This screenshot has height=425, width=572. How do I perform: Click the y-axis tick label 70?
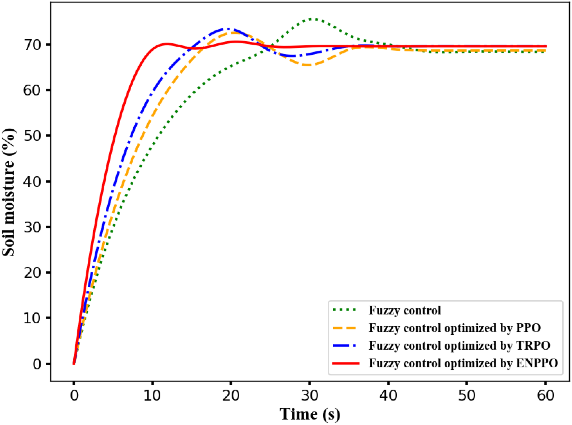coord(32,45)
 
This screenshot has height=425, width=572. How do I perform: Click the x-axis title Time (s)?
coord(310,414)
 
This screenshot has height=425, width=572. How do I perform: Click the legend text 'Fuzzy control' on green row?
coord(405,310)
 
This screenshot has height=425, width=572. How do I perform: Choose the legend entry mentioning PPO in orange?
coord(455,328)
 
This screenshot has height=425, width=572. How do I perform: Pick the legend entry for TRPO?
coord(459,345)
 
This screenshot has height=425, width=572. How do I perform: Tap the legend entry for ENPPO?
coord(463,363)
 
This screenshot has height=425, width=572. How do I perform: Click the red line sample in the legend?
coord(345,363)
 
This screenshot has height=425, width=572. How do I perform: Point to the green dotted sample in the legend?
coord(345,310)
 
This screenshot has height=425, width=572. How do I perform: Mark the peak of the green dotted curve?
coord(313,19)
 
